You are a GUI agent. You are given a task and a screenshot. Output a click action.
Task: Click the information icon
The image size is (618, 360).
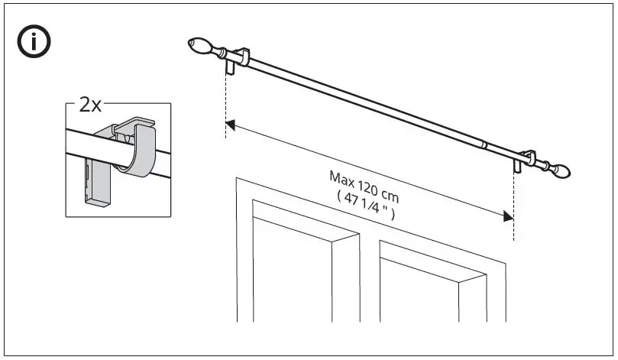click(x=34, y=44)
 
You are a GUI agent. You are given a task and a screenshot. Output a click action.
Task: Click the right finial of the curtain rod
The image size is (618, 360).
click(x=562, y=167)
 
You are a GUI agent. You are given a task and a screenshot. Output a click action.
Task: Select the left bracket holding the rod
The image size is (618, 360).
click(x=239, y=57)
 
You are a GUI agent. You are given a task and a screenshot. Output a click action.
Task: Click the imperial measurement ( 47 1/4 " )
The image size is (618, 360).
click(x=364, y=205)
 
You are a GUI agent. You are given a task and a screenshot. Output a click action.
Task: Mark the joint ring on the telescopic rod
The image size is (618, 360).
click(x=483, y=143)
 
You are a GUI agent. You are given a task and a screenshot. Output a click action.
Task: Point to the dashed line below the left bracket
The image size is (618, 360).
click(x=226, y=107)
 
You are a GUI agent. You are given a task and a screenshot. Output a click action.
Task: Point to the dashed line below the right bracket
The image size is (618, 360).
click(x=514, y=206)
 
